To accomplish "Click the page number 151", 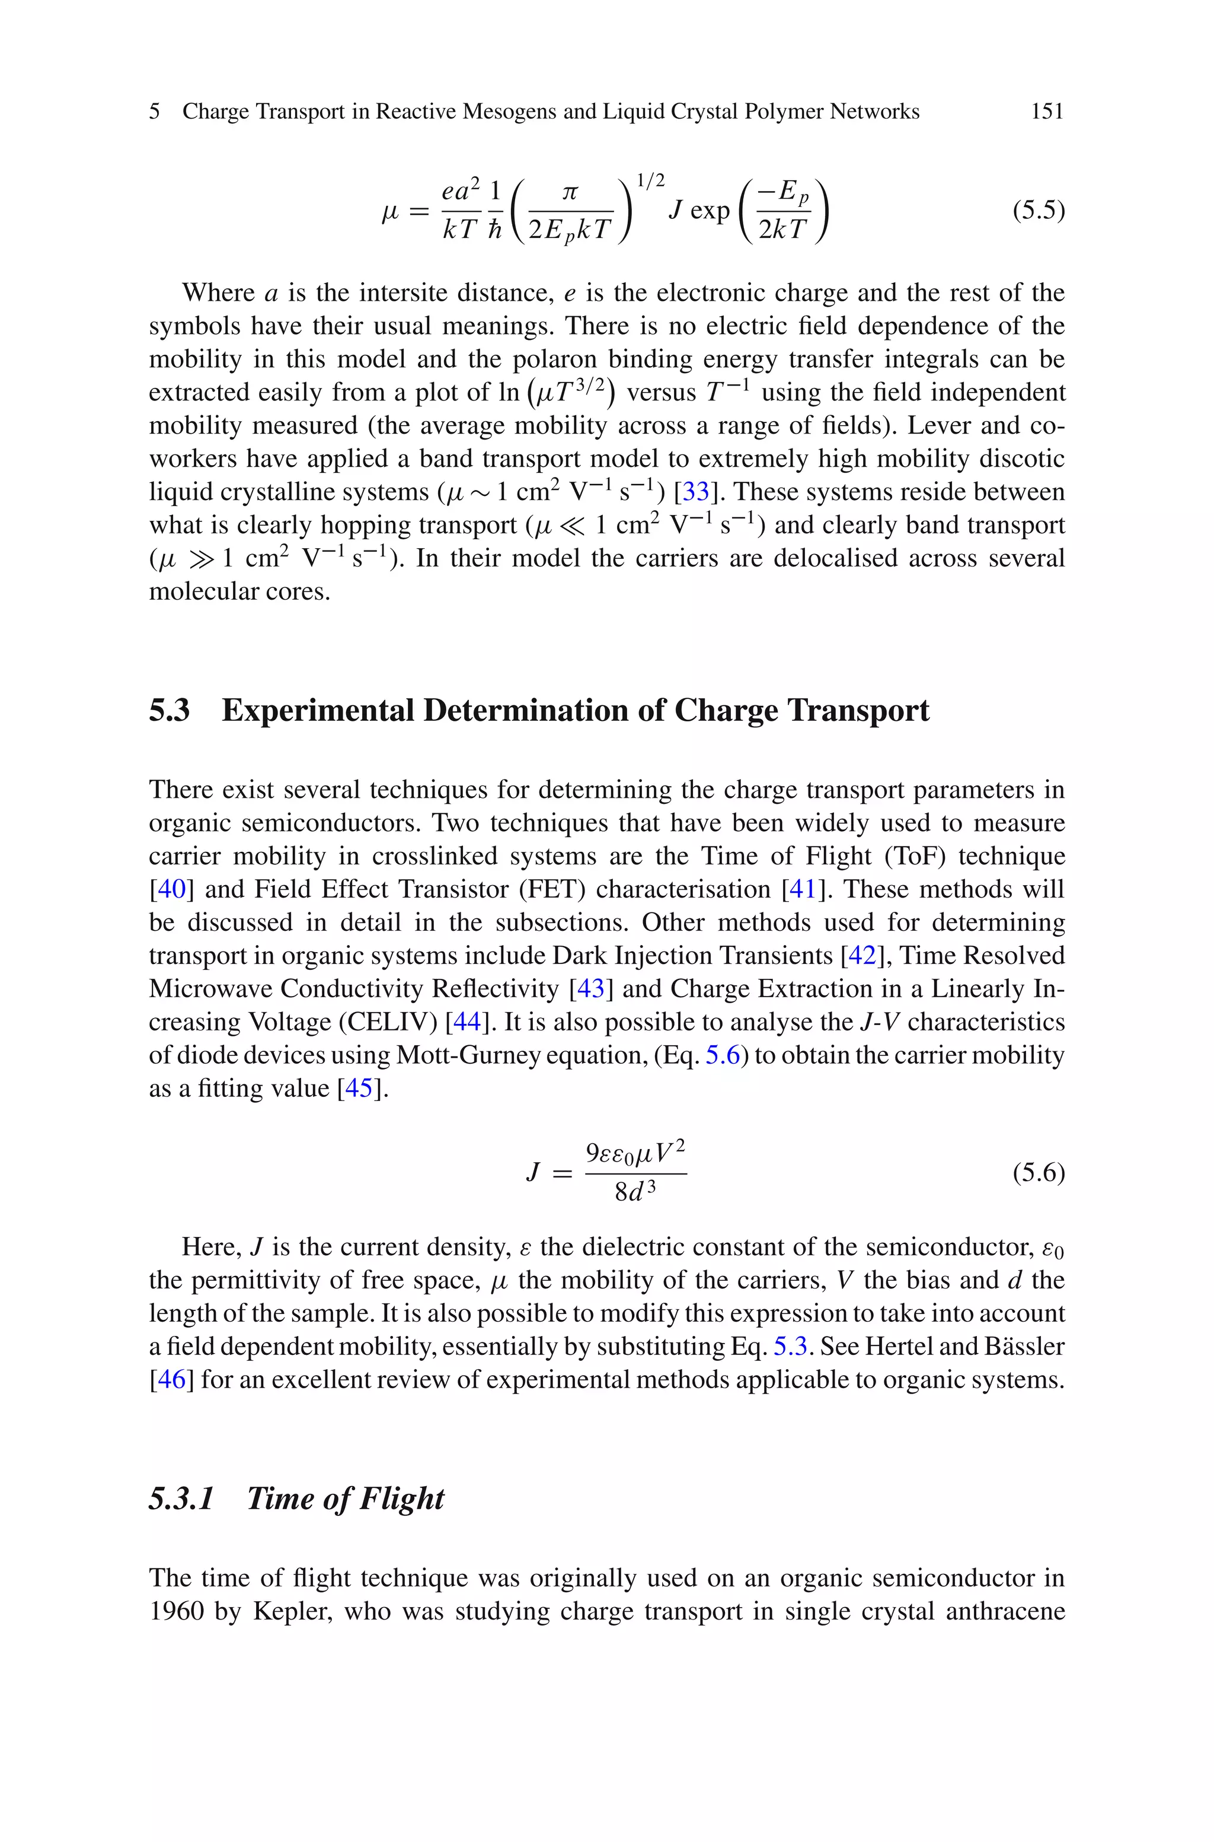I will click(1047, 112).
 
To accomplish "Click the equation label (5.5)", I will click(1039, 210).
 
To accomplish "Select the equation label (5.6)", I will click(1039, 1173).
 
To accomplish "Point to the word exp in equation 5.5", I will click(709, 210).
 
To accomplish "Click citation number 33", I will click(695, 492).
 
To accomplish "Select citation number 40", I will click(172, 889).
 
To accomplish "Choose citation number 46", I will click(172, 1379).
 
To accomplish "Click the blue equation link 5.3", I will click(791, 1346).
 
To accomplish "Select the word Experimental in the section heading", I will click(318, 710).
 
